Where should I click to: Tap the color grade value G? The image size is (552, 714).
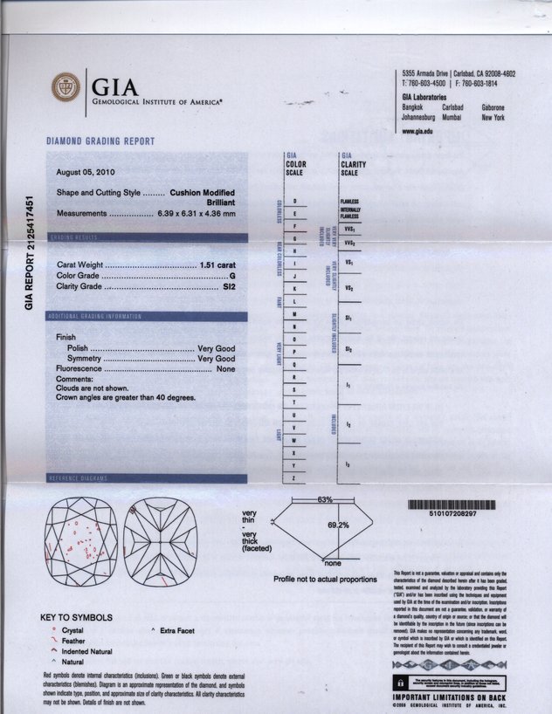232,275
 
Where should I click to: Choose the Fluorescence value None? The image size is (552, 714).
225,369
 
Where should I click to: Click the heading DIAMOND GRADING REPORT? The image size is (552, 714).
100,141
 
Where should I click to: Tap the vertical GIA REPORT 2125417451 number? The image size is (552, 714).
31,252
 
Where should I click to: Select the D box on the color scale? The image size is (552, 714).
293,202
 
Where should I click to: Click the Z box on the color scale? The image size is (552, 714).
293,478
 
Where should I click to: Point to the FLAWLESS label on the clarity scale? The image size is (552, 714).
349,202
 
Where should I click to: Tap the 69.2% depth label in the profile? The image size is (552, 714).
338,525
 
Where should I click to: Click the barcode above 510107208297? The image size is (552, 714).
453,505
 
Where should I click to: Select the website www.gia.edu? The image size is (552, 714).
418,130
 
